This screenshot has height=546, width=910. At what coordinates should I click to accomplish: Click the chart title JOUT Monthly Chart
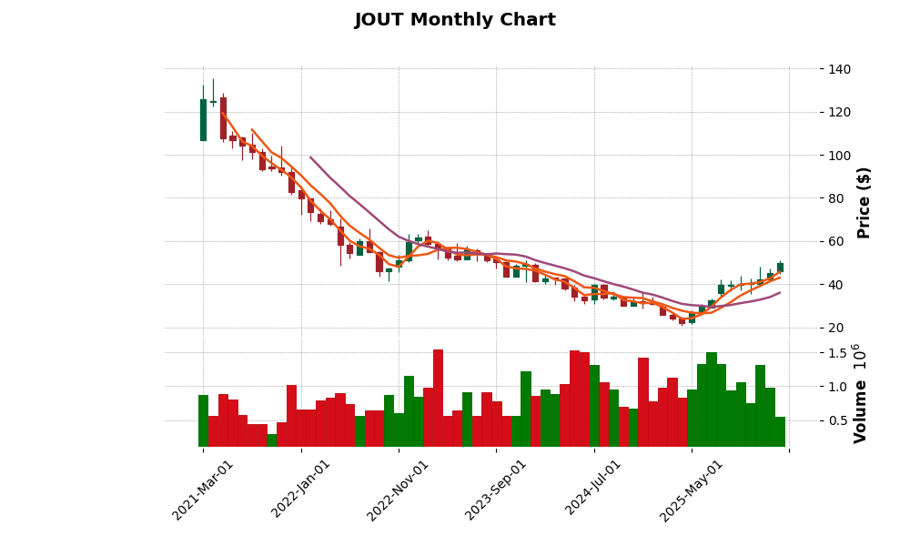point(455,20)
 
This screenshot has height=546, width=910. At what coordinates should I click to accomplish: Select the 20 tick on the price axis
point(835,328)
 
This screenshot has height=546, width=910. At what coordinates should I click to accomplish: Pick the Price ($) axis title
point(864,202)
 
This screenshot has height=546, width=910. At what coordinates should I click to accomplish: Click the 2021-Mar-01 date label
point(204,489)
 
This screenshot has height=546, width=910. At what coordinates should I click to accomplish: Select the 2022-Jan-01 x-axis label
point(301,489)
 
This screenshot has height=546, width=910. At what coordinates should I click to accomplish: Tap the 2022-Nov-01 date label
point(399,489)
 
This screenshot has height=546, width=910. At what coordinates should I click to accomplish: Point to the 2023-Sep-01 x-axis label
point(496,489)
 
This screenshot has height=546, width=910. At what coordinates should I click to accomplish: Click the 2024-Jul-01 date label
point(593,489)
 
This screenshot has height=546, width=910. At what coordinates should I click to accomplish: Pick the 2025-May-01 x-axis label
point(692,489)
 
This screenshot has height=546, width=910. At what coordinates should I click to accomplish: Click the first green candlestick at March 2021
point(203,119)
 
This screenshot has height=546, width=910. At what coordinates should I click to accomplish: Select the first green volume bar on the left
point(203,420)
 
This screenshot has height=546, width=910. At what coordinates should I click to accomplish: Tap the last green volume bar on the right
point(780,431)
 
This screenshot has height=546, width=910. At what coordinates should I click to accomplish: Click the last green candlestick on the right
point(780,268)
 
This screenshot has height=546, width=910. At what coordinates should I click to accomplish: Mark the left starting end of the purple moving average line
point(310,157)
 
